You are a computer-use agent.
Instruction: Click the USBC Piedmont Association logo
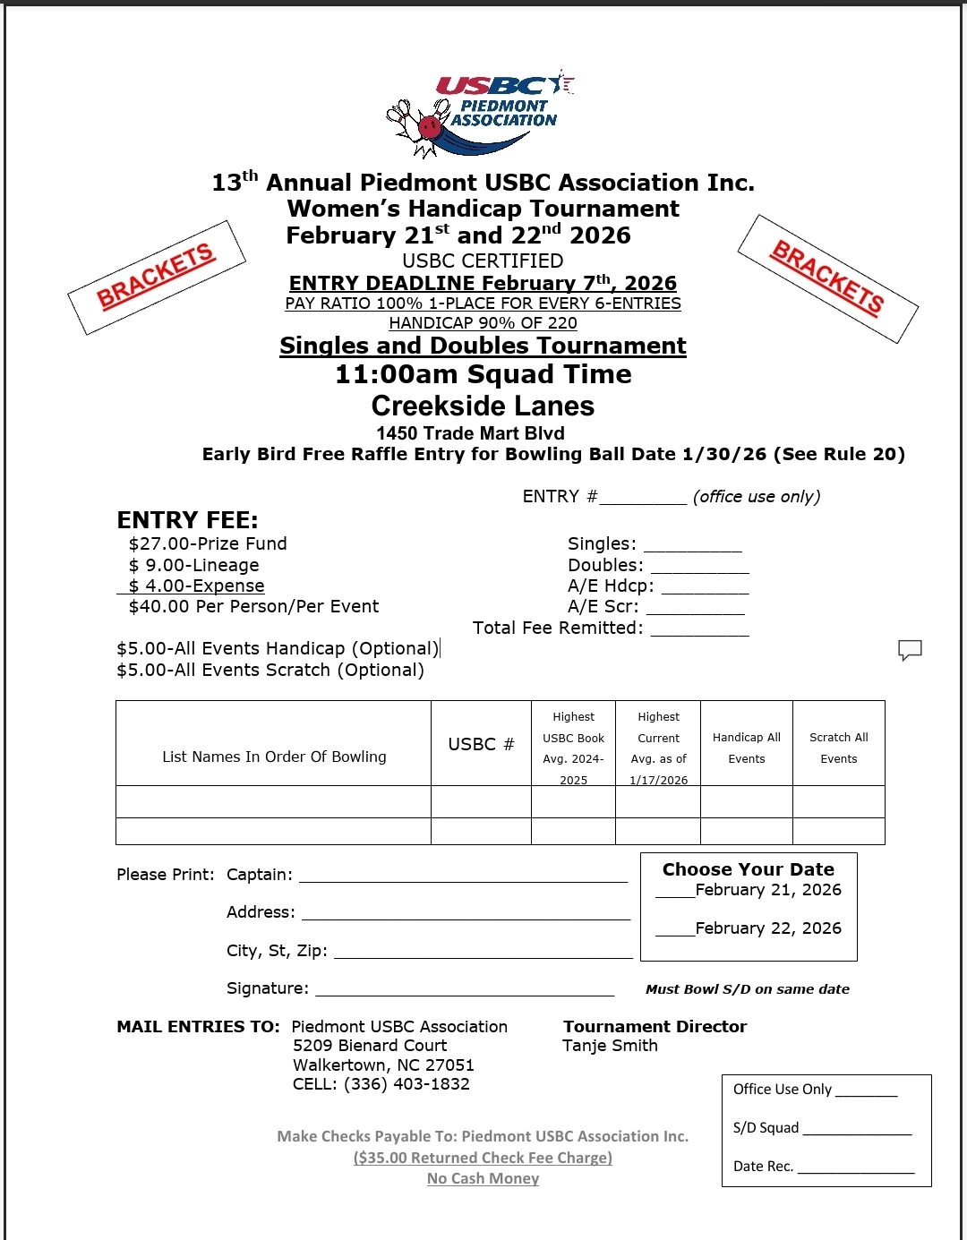[x=479, y=113]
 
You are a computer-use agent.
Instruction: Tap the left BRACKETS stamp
[x=157, y=277]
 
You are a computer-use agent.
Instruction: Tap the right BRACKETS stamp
[x=827, y=278]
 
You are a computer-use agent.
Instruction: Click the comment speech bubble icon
[x=910, y=650]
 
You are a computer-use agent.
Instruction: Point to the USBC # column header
[x=481, y=744]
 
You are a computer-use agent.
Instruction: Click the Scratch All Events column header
[x=838, y=748]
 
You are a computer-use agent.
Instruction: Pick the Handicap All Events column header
[x=746, y=748]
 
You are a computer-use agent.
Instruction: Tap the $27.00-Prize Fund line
[x=208, y=543]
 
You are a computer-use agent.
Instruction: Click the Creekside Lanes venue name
[x=483, y=406]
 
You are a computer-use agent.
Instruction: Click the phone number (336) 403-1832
[x=406, y=1083]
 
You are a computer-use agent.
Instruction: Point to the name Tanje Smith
[x=610, y=1046]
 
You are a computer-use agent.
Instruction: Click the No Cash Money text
[x=483, y=1178]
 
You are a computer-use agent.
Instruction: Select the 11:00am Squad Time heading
[x=483, y=374]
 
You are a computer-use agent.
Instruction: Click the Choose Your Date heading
[x=748, y=869]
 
